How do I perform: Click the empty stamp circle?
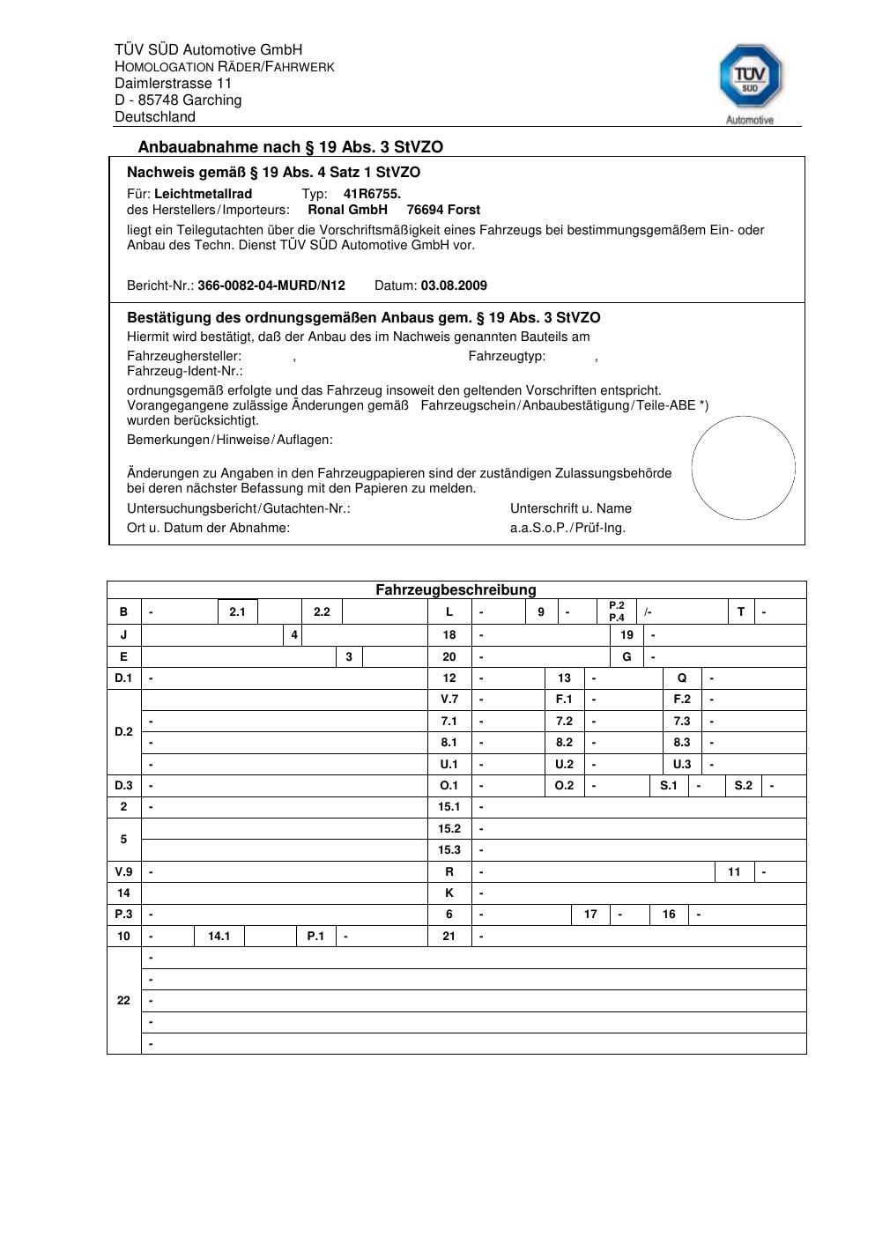(x=743, y=468)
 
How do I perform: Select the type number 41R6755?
(x=372, y=194)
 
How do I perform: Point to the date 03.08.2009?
(x=454, y=285)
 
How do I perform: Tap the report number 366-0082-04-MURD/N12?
(x=271, y=285)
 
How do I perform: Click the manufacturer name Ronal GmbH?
(x=347, y=210)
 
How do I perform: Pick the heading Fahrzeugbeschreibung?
(x=456, y=590)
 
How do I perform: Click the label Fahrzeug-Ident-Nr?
(x=185, y=371)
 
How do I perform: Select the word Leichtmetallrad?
(x=203, y=194)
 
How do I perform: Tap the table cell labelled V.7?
(x=449, y=700)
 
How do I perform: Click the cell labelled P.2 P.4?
(x=617, y=611)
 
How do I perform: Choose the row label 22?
(x=123, y=1001)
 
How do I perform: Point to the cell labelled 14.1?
(x=219, y=937)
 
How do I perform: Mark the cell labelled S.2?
(x=744, y=785)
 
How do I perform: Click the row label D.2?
(x=123, y=732)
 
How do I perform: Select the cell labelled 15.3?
(x=449, y=850)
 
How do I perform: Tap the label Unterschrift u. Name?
(x=570, y=508)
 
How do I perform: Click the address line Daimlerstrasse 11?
(x=173, y=84)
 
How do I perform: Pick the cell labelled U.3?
(x=682, y=765)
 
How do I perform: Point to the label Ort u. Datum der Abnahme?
(x=208, y=528)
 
